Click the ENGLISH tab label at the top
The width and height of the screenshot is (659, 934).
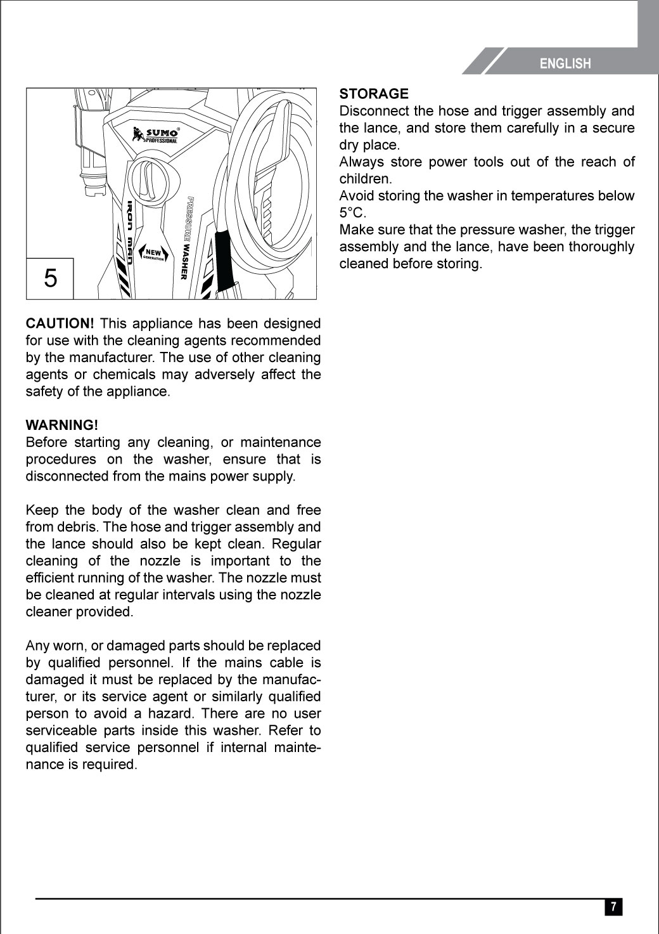[565, 63]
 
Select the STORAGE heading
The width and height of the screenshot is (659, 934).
[374, 94]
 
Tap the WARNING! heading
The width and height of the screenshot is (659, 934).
[61, 424]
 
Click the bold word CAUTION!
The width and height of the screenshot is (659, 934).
[60, 324]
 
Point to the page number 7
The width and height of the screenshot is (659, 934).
[613, 907]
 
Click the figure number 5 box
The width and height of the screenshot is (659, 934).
[50, 278]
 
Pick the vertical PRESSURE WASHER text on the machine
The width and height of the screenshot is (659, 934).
[186, 238]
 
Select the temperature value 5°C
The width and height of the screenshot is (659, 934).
[353, 212]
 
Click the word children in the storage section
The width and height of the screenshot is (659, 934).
[365, 179]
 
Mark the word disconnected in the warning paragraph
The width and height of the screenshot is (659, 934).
[66, 476]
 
